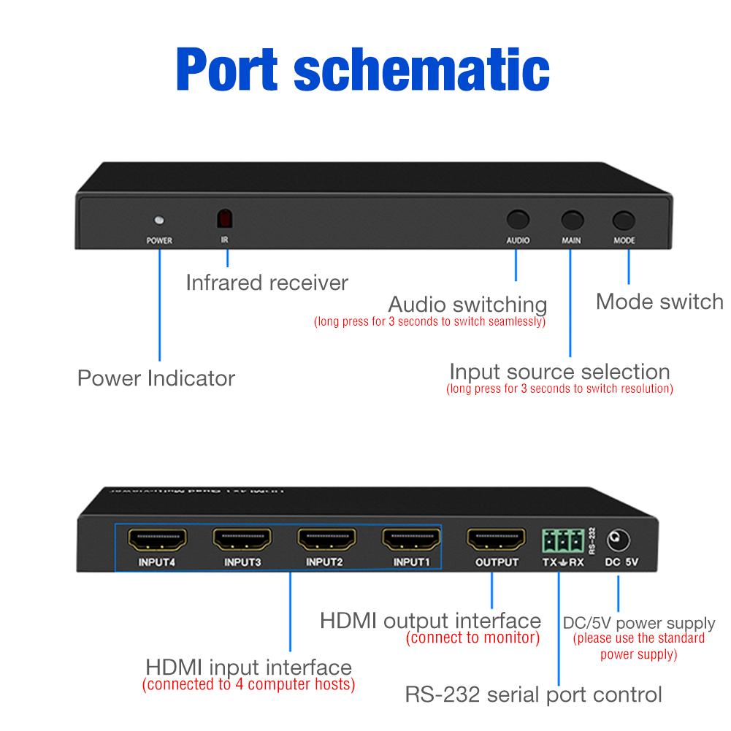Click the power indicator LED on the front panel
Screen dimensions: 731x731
[x=158, y=220]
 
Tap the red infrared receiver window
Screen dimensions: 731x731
[x=226, y=218]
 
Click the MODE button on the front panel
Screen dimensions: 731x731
[x=624, y=220]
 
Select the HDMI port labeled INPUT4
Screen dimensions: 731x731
[x=158, y=540]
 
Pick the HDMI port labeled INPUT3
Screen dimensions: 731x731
[x=242, y=540]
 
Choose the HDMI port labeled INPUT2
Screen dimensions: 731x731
[x=326, y=540]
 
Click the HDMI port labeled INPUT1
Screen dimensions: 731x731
[x=411, y=540]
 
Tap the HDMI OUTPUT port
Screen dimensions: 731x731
[x=496, y=540]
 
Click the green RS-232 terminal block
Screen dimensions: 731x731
[x=562, y=541]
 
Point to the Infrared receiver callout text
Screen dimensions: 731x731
[x=267, y=283]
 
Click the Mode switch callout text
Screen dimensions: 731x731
[x=659, y=302]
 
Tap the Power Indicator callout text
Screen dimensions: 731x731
[x=156, y=378]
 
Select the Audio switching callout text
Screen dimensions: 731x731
[x=467, y=304]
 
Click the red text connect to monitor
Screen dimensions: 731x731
[x=473, y=638]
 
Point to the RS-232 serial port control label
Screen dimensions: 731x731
[x=533, y=693]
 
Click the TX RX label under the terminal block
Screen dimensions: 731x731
[x=562, y=563]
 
